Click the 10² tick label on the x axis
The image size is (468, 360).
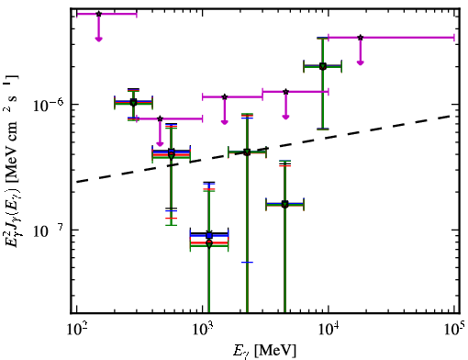pos(76,330)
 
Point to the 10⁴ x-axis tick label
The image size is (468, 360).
pos(329,330)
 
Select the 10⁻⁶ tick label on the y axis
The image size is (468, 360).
pos(49,105)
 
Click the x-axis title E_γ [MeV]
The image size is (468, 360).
pos(264,351)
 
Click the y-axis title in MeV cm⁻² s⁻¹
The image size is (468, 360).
pos(12,159)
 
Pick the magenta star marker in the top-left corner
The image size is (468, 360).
pos(98,14)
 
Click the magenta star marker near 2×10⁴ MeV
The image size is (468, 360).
pos(361,38)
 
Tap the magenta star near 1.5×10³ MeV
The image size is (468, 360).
pos(225,96)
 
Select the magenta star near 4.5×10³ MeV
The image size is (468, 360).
pos(285,92)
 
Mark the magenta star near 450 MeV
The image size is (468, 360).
pos(160,118)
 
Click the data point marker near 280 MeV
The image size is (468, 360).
pos(133,102)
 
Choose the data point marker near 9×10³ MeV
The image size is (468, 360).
pos(323,66)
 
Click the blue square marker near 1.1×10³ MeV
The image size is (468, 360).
pos(209,235)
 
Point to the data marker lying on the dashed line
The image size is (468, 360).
pos(247,152)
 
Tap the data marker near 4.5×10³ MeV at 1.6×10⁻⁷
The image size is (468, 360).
pos(284,204)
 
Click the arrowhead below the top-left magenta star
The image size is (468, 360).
pos(98,39)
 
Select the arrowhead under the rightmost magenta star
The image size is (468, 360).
pos(361,62)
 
